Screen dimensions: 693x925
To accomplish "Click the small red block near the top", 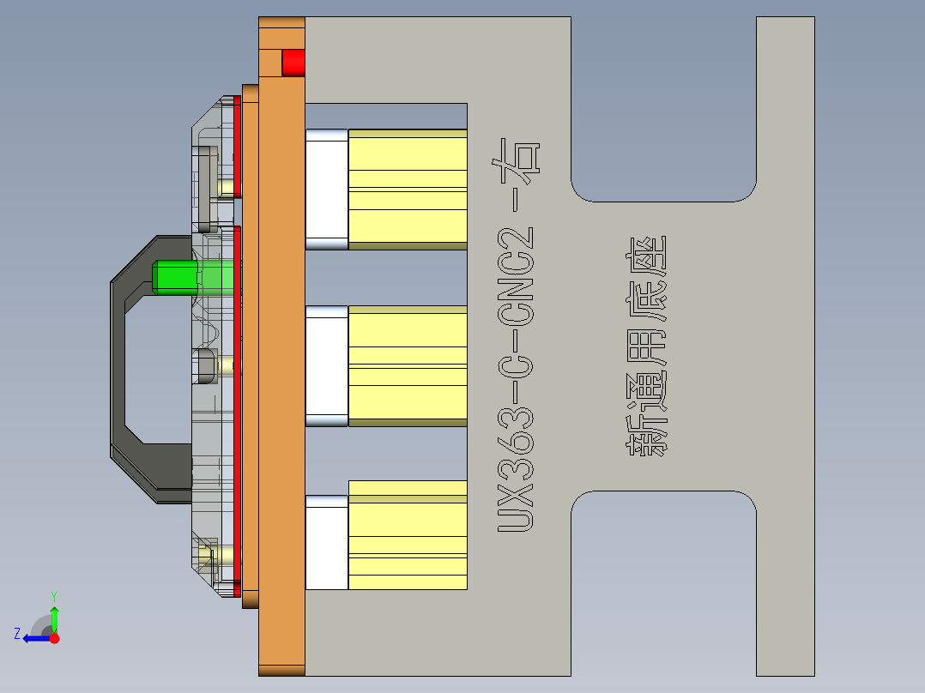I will click(x=293, y=63).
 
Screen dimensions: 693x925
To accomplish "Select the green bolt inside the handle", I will click(x=176, y=277).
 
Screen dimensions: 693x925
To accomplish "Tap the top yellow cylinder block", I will click(x=407, y=189).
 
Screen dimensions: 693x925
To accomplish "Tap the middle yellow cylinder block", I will click(x=407, y=366).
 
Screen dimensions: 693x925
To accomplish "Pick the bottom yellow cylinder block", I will click(x=407, y=536).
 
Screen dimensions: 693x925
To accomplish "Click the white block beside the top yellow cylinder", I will click(x=327, y=189).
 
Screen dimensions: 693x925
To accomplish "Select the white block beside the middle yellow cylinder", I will click(x=327, y=366).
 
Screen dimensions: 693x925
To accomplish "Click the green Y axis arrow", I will click(x=54, y=616).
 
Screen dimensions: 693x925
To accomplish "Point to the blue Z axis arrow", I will click(x=34, y=638).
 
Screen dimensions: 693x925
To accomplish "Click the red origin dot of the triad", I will click(x=55, y=638).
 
